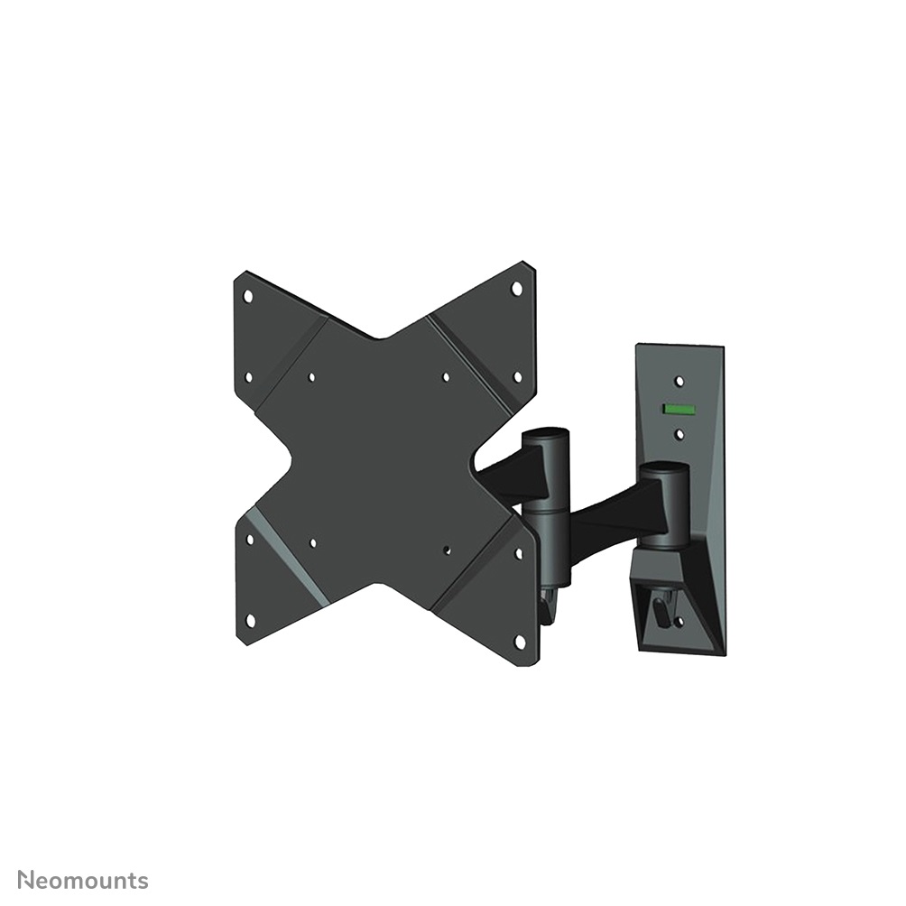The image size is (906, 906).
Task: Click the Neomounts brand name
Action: click(83, 880)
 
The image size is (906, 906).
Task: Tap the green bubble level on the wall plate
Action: click(679, 409)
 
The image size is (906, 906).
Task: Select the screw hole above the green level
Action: click(679, 382)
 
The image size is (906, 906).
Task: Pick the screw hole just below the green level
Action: click(679, 435)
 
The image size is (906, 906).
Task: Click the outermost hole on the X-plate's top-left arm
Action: click(248, 295)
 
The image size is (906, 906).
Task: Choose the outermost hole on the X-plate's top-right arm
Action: click(516, 289)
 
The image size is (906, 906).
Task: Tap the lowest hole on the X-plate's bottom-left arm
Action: click(251, 620)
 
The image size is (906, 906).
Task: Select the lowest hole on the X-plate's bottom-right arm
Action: click(519, 640)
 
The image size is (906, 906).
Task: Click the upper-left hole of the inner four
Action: click(311, 378)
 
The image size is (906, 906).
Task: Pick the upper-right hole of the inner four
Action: click(446, 377)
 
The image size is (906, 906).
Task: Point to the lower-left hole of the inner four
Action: click(312, 543)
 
